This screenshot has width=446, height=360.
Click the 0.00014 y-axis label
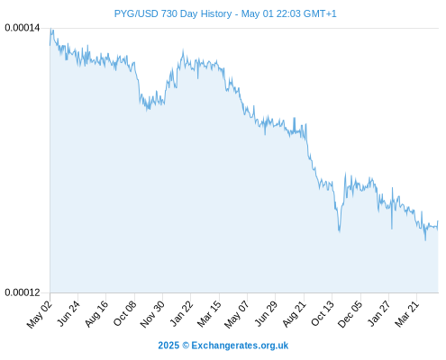[x=23, y=28]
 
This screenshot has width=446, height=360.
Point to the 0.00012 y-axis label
[x=23, y=292]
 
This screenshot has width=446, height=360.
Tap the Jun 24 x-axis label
[x=68, y=313]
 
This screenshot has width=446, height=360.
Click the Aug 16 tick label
[x=96, y=314]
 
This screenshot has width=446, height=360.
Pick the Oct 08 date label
[x=124, y=313]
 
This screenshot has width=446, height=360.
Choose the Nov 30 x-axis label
[x=152, y=314]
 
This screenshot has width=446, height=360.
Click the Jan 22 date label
[x=181, y=313]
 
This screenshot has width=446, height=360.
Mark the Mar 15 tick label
[x=209, y=314]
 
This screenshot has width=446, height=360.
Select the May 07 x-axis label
[x=237, y=314]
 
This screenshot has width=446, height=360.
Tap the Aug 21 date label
[x=294, y=314]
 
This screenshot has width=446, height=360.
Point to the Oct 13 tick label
[x=323, y=313]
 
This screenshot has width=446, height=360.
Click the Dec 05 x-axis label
[x=350, y=314]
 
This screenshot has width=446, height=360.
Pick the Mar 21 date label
[x=406, y=314]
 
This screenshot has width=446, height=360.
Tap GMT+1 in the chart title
[x=320, y=13]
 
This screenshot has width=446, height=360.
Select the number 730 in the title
[x=168, y=13]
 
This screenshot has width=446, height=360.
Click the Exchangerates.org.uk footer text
[x=240, y=346]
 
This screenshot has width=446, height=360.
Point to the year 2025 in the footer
[x=168, y=346]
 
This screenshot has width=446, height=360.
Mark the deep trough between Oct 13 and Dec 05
[x=340, y=231]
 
